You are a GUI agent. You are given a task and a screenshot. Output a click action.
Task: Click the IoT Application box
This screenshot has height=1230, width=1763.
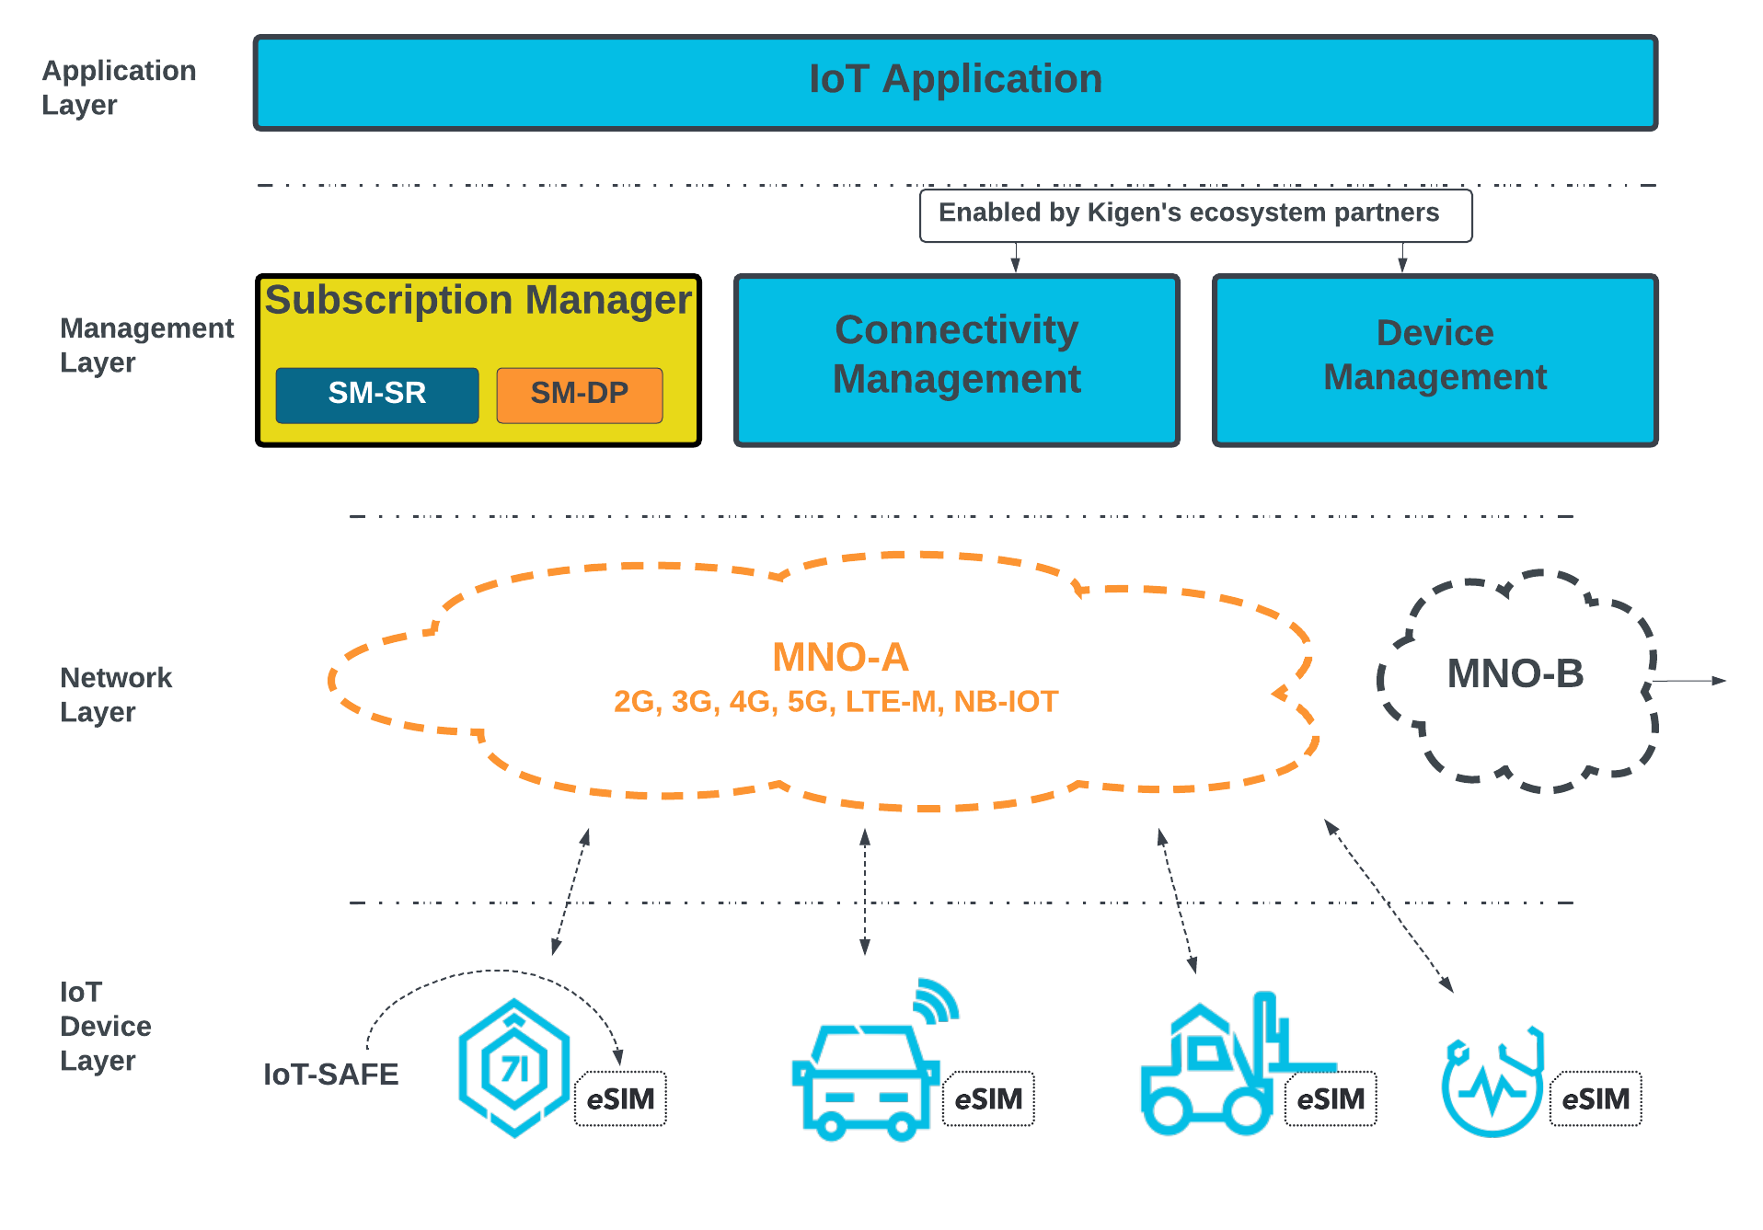955,83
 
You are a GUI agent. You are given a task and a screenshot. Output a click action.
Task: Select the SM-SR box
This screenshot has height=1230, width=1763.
377,395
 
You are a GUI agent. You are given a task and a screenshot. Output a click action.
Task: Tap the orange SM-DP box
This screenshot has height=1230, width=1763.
580,395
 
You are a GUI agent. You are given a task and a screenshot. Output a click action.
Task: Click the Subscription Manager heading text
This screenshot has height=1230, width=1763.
478,301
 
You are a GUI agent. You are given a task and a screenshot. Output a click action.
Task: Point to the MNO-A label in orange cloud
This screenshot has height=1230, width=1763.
840,657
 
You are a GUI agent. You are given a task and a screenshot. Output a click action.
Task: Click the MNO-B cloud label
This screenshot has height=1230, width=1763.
1515,673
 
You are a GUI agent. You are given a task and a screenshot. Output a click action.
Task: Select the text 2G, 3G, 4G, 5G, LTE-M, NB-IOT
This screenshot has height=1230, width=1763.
835,702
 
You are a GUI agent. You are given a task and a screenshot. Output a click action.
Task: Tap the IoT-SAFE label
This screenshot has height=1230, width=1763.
331,1075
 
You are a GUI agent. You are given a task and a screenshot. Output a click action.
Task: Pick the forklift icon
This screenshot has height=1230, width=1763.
1215,1067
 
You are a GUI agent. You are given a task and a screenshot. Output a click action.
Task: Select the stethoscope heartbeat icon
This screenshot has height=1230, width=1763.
1492,1084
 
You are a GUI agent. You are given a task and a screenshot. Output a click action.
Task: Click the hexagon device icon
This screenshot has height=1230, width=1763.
513,1067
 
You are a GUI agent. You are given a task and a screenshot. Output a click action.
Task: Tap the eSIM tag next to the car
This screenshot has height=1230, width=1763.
988,1098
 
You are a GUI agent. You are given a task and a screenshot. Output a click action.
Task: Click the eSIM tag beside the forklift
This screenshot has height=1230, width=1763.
1331,1098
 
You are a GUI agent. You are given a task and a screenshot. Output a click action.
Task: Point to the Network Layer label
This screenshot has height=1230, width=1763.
115,695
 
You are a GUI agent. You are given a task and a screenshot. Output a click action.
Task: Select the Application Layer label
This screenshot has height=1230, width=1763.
119,87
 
